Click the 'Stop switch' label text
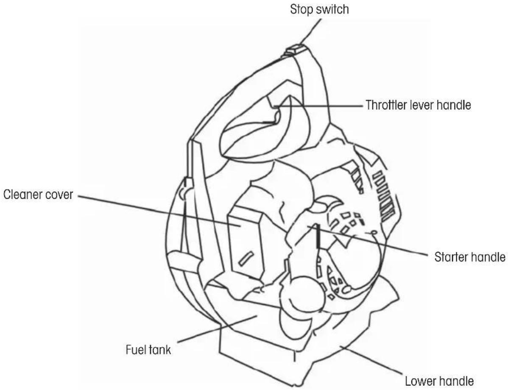click(319, 9)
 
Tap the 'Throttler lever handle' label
click(418, 105)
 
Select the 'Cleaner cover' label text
click(38, 195)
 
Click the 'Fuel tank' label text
click(148, 350)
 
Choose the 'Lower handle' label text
click(439, 381)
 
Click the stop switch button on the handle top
click(295, 50)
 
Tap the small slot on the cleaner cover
click(245, 258)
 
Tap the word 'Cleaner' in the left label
click(22, 195)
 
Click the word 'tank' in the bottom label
click(161, 350)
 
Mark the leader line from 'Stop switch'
click(310, 31)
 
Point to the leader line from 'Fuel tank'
click(217, 329)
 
